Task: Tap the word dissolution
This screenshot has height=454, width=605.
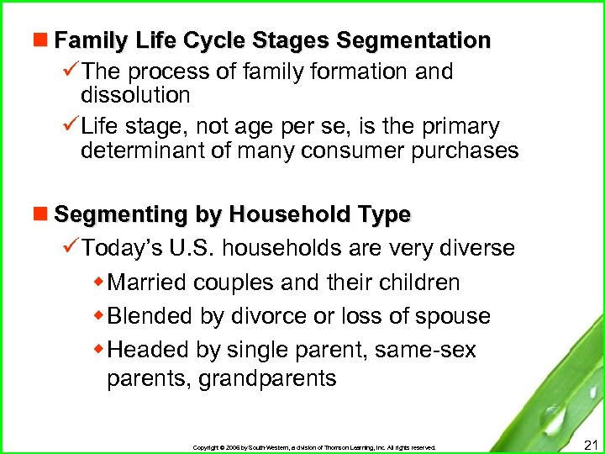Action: (135, 95)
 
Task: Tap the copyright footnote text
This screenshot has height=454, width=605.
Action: (314, 447)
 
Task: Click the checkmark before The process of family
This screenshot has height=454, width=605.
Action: (70, 72)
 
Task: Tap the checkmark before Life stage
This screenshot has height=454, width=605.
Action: (70, 127)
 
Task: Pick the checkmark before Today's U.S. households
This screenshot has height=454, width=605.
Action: (70, 249)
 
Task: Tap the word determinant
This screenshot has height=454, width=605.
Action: (146, 151)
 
